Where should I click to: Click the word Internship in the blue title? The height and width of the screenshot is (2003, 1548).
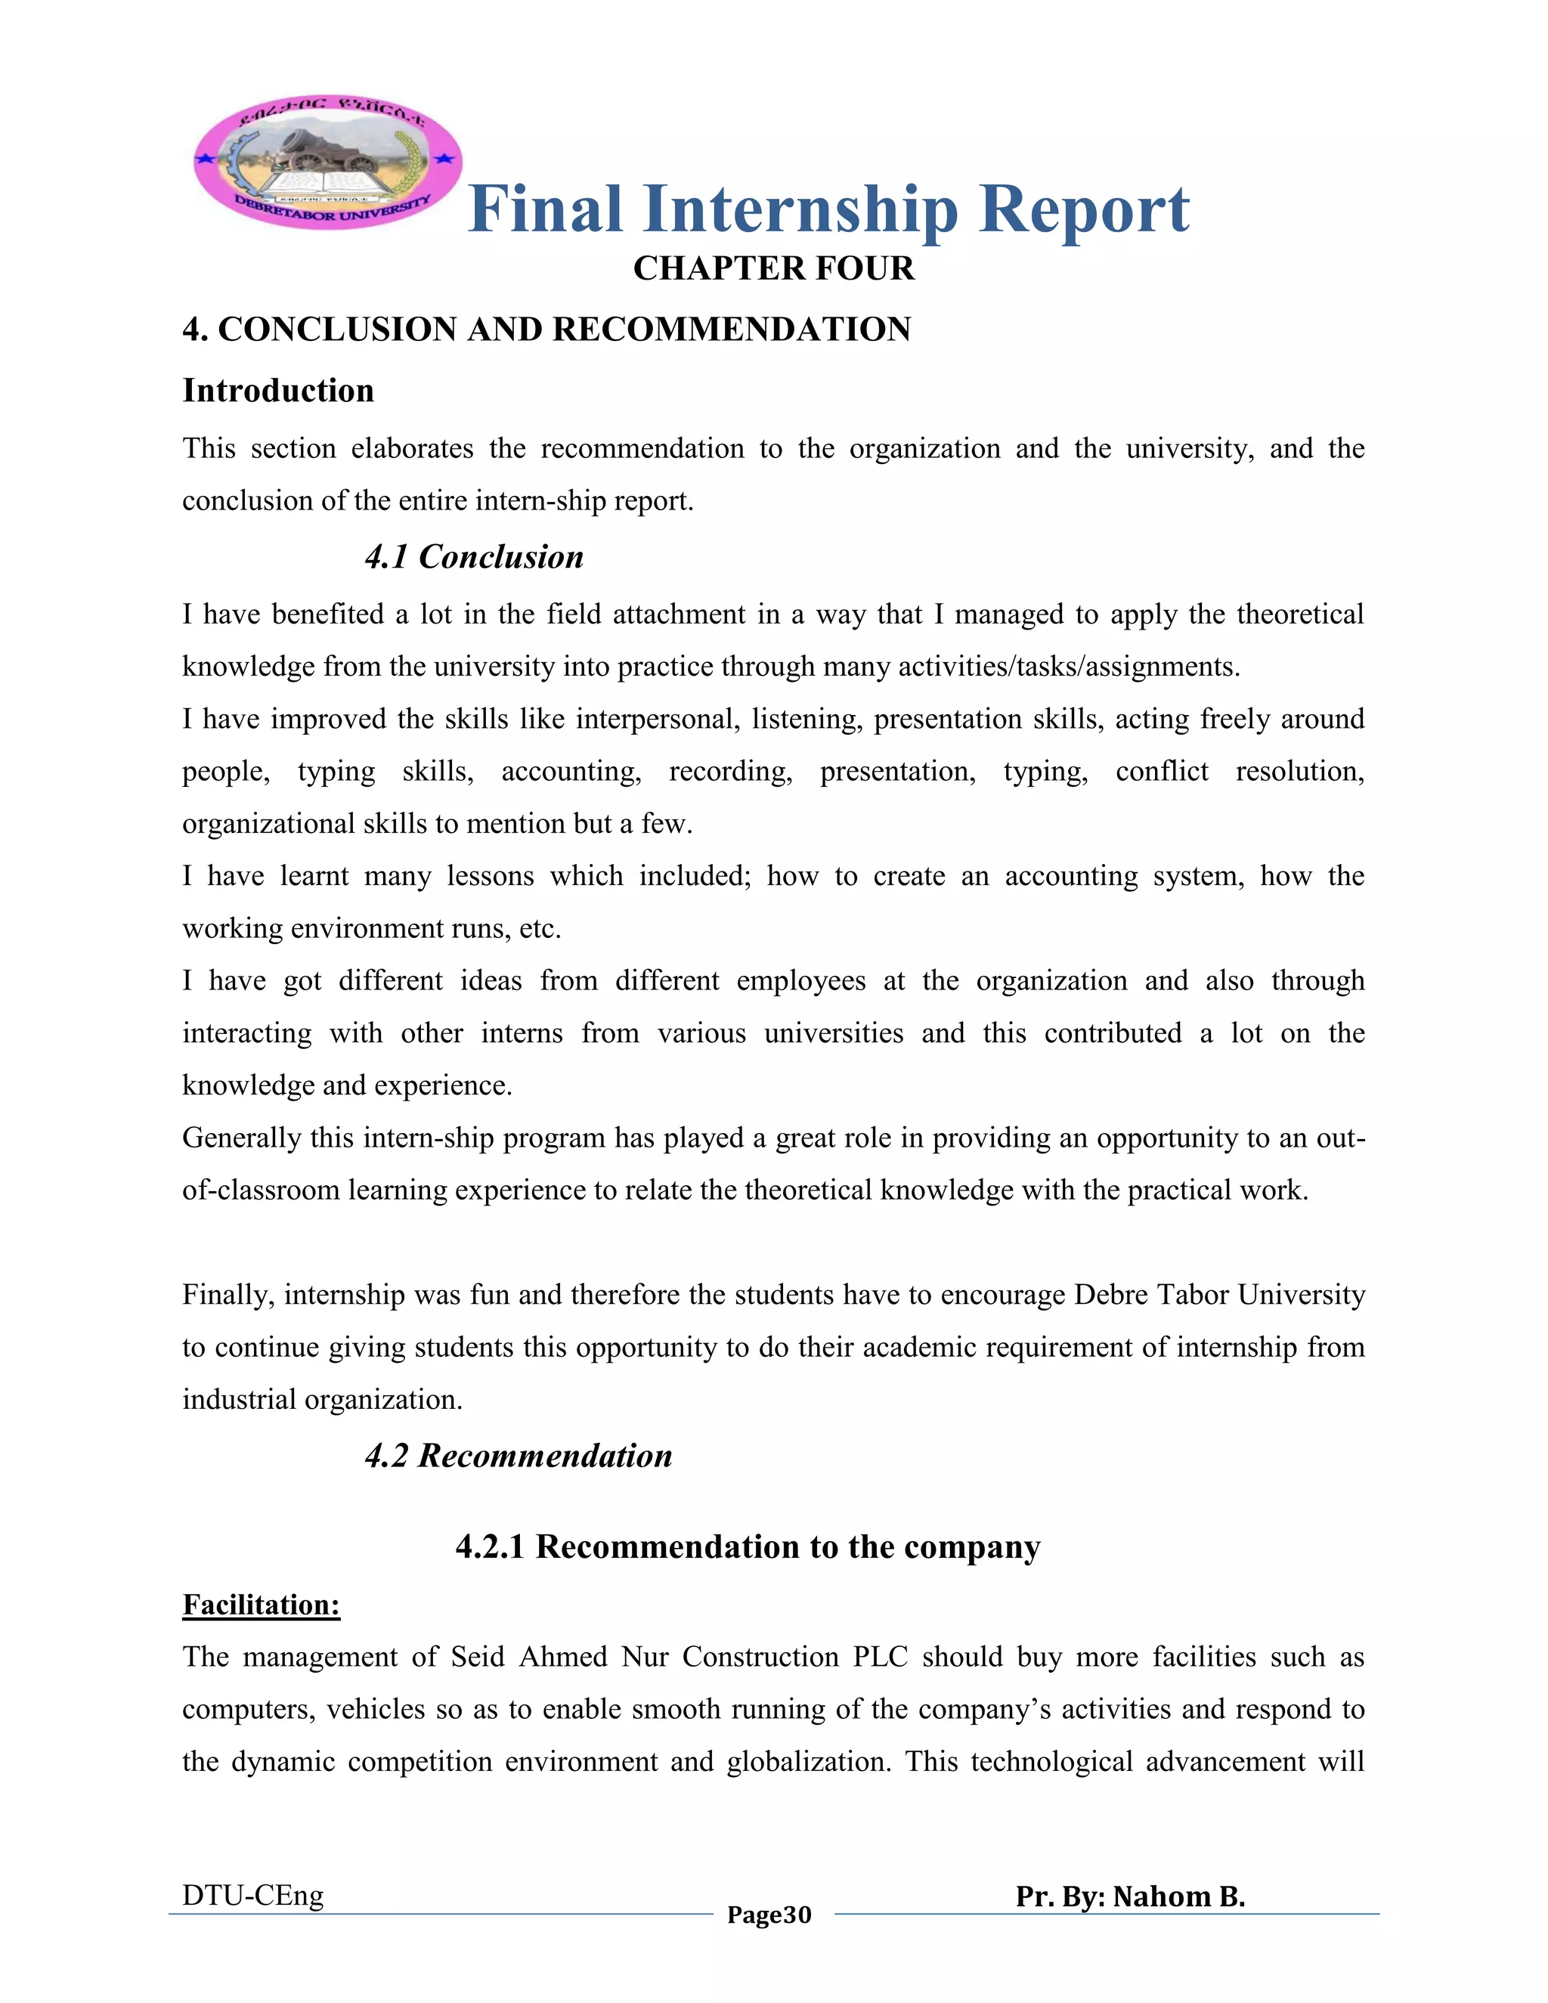(x=800, y=209)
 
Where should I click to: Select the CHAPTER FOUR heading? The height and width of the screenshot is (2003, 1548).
(x=773, y=269)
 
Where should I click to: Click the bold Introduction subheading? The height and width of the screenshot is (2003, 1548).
(x=278, y=391)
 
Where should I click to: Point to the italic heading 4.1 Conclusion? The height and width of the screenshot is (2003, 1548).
(x=473, y=557)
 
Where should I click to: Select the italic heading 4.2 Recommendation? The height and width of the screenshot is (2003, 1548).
(x=518, y=1456)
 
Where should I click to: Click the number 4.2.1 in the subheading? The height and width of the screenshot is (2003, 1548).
(x=490, y=1546)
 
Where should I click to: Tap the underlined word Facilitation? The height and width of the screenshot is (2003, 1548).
(x=262, y=1604)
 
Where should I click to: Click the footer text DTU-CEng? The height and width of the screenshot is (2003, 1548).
(x=253, y=1895)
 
